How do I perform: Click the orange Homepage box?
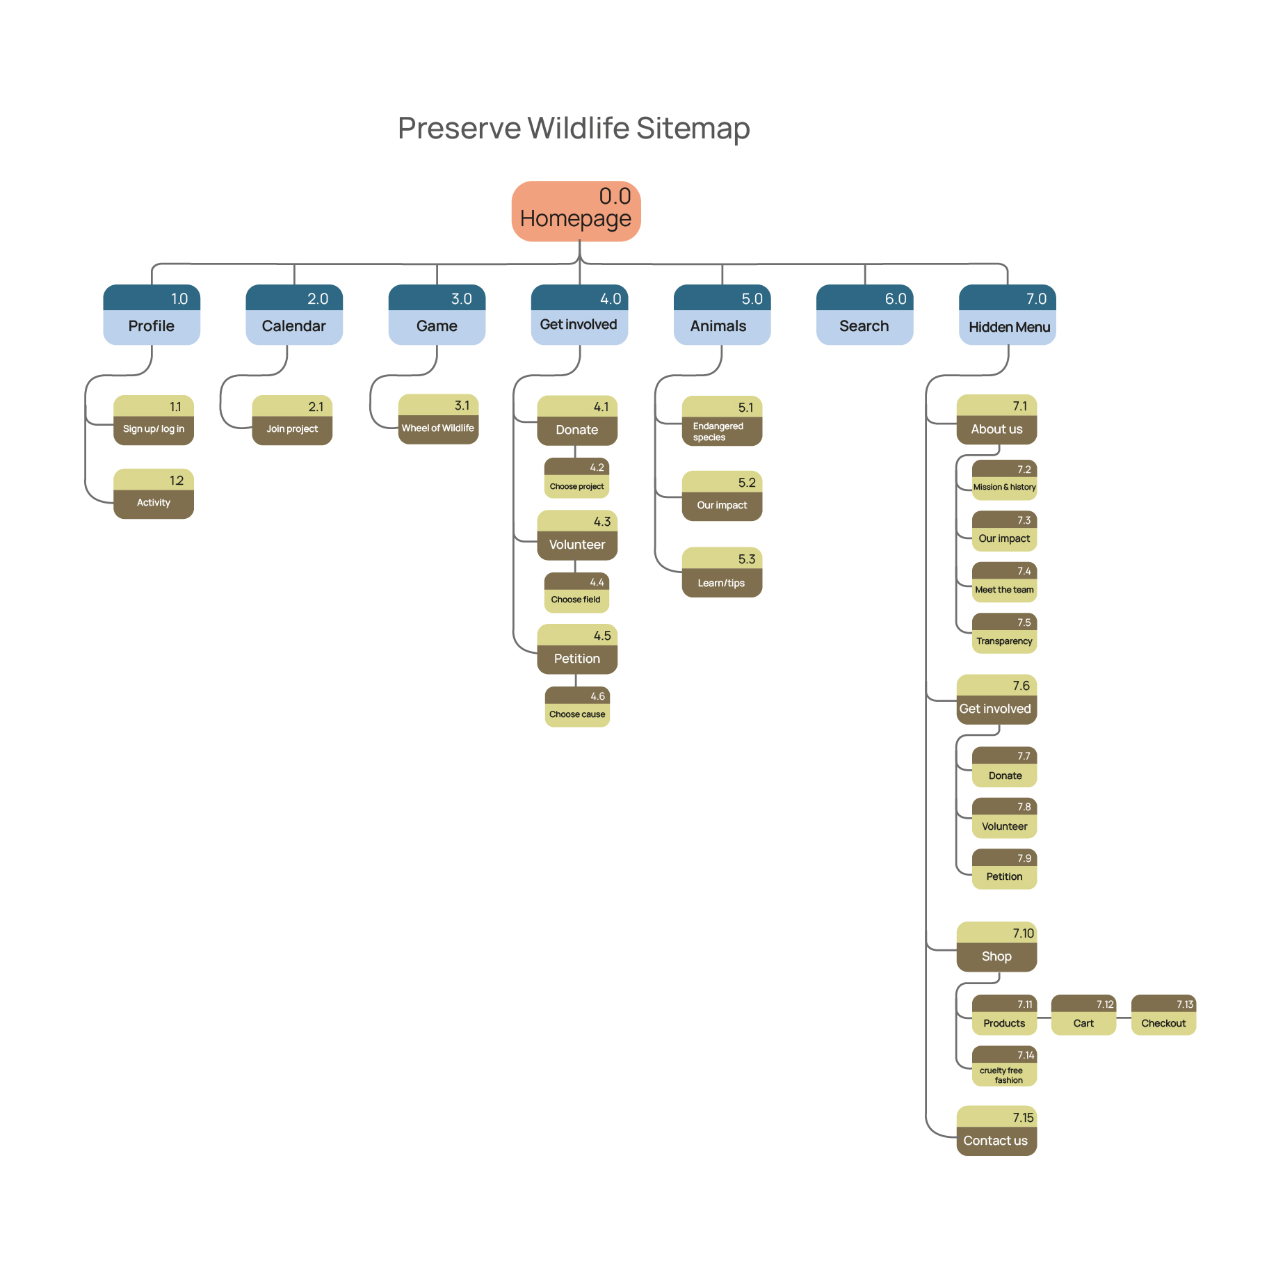(x=576, y=211)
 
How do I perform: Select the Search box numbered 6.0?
(x=864, y=315)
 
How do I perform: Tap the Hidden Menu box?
(x=1007, y=315)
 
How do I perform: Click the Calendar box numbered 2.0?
(x=294, y=315)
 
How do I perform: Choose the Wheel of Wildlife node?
(x=438, y=419)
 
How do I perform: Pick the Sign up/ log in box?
(x=154, y=421)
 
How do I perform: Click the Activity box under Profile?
(x=154, y=494)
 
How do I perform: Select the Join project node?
(x=292, y=421)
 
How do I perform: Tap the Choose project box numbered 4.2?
(x=576, y=478)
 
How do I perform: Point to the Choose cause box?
(x=577, y=707)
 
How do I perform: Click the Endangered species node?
(x=722, y=421)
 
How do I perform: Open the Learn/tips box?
(x=722, y=572)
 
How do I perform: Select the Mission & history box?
(x=1004, y=480)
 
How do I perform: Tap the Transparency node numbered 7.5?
(x=1004, y=634)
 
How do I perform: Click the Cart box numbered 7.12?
(x=1083, y=1015)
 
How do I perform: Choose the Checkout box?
(x=1163, y=1015)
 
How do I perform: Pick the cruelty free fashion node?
(x=1004, y=1066)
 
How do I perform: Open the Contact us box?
(x=996, y=1131)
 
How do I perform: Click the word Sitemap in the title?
(x=693, y=128)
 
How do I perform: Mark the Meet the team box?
(x=1004, y=582)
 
